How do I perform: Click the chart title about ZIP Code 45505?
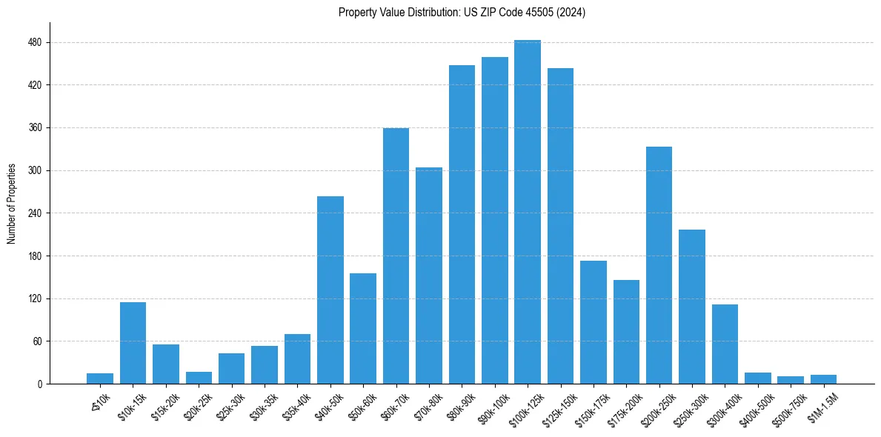(462, 13)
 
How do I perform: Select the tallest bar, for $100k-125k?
(528, 212)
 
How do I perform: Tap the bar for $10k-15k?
(133, 343)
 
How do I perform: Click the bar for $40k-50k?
(330, 290)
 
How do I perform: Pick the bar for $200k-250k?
(659, 265)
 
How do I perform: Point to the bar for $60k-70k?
(396, 256)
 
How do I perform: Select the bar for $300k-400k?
(725, 344)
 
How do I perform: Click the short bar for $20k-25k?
(199, 378)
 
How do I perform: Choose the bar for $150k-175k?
(594, 322)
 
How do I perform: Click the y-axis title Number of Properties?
(12, 204)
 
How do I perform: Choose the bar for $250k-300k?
(692, 307)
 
